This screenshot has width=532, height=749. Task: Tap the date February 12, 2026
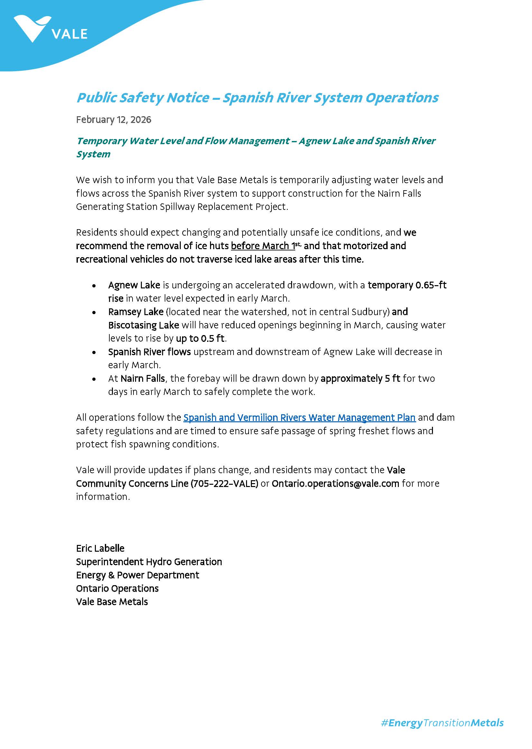pyautogui.click(x=114, y=120)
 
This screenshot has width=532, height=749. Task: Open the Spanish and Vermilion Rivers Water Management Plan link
pyautogui.click(x=299, y=417)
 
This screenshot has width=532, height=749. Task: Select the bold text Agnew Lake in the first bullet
pyautogui.click(x=134, y=285)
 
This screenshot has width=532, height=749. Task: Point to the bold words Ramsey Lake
pyautogui.click(x=136, y=312)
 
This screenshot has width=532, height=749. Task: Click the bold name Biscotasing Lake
pyautogui.click(x=143, y=325)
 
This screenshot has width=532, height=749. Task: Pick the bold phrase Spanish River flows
pyautogui.click(x=149, y=352)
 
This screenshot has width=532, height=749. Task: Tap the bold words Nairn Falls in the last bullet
pyautogui.click(x=142, y=379)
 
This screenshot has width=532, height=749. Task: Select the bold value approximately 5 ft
pyautogui.click(x=360, y=379)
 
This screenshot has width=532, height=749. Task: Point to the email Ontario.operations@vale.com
pyautogui.click(x=335, y=483)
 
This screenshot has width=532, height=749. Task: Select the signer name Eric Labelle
pyautogui.click(x=100, y=548)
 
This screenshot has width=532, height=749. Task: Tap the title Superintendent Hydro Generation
pyautogui.click(x=149, y=562)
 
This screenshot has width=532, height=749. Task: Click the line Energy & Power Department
pyautogui.click(x=138, y=575)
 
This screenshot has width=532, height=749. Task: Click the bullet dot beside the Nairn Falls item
pyautogui.click(x=94, y=379)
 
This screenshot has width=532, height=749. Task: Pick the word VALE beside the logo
pyautogui.click(x=70, y=34)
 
